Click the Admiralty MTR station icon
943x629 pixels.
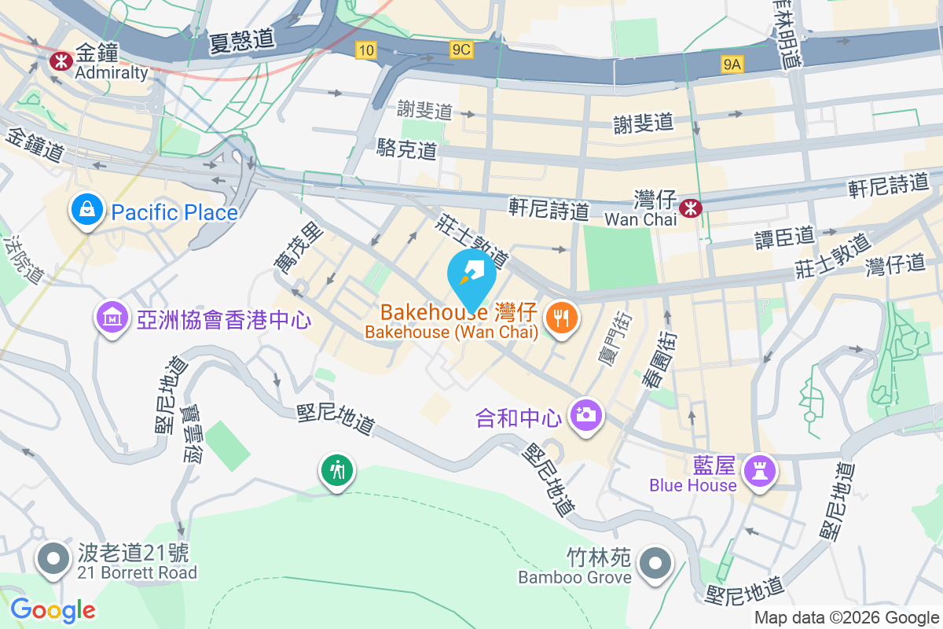(60, 60)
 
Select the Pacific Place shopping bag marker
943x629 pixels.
(83, 211)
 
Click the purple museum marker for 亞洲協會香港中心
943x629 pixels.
(112, 318)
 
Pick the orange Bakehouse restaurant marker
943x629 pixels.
(561, 318)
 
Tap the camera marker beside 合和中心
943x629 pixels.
(585, 414)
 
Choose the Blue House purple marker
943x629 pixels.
(761, 472)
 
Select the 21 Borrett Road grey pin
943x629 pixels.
(53, 559)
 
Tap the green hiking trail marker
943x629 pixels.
(337, 471)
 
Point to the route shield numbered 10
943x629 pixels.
(365, 50)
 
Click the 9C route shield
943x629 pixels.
(461, 50)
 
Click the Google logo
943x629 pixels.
(53, 610)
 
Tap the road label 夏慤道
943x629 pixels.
(240, 40)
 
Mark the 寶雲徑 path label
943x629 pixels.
(191, 433)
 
